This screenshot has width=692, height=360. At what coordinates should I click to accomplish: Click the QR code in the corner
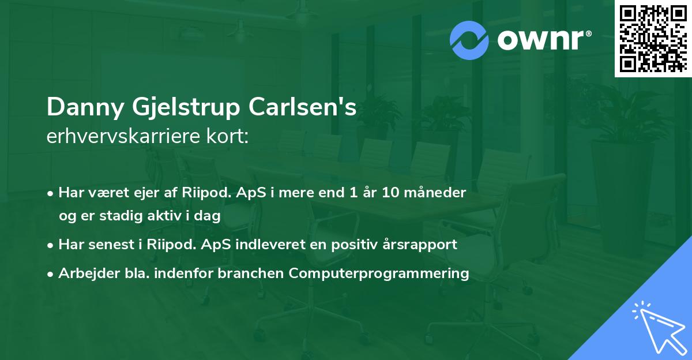(653, 39)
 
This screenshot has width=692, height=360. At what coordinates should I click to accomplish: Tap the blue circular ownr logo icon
(469, 40)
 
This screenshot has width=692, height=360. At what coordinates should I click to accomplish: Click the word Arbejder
(84, 273)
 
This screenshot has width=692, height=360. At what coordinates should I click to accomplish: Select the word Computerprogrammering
(379, 273)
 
